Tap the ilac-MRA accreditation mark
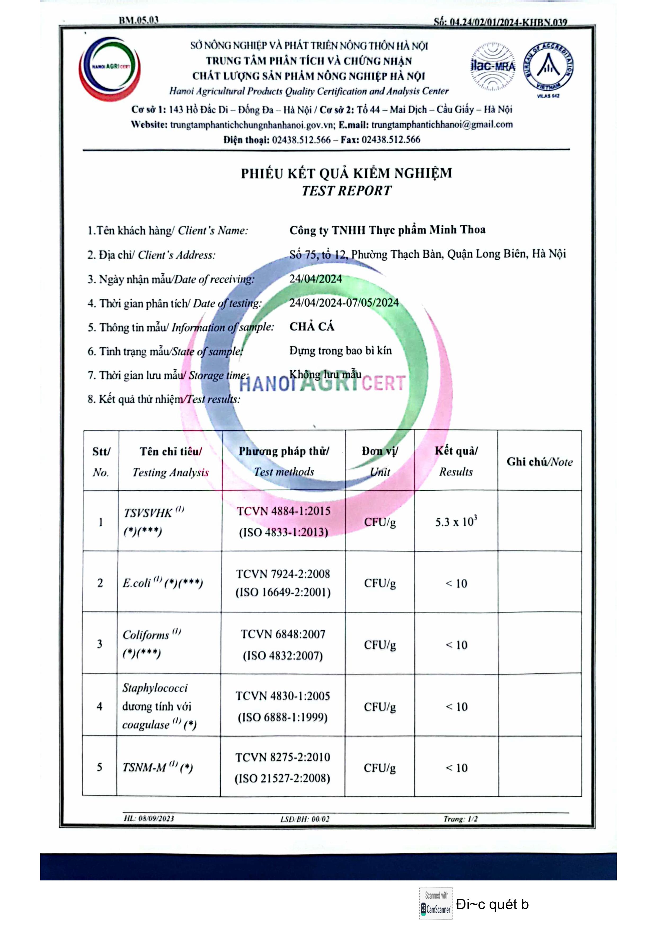493,67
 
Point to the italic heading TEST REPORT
347,191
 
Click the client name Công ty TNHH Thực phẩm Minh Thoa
387,230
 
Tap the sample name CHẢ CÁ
312,327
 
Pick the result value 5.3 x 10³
456,521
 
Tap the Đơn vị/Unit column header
380,461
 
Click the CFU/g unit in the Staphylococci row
379,707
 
